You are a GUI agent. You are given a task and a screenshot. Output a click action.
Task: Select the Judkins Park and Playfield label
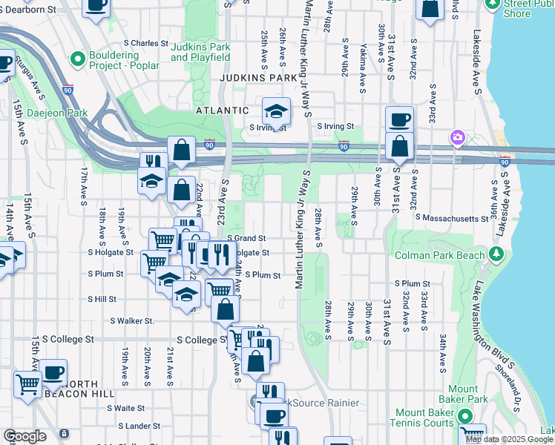[x=200, y=52]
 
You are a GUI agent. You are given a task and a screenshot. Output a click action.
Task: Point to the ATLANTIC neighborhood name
[x=222, y=111]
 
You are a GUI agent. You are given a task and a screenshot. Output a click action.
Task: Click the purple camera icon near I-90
[x=458, y=138]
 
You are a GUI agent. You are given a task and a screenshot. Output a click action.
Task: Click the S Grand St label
[x=246, y=238]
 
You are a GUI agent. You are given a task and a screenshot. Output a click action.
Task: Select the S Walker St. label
[x=132, y=321]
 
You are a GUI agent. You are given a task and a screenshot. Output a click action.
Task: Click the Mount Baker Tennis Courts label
[x=424, y=418]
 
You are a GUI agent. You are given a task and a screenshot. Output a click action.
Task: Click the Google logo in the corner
[x=24, y=436]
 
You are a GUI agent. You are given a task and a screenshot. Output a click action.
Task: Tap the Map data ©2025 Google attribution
[x=509, y=439]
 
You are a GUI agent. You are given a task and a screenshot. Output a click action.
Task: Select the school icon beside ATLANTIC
[x=276, y=112]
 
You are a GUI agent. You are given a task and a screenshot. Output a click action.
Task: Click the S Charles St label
[x=142, y=43]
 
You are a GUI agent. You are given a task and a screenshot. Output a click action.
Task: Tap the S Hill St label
[x=102, y=299]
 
